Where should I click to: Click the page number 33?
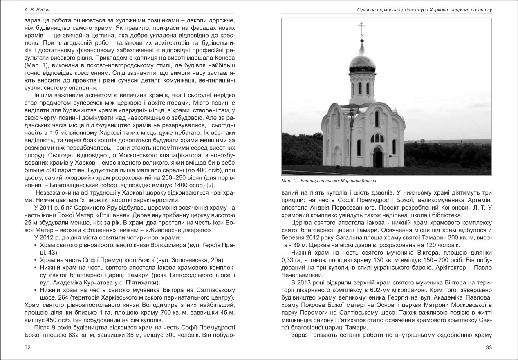pos(488,347)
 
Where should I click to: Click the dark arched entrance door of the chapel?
pos(377,157)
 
